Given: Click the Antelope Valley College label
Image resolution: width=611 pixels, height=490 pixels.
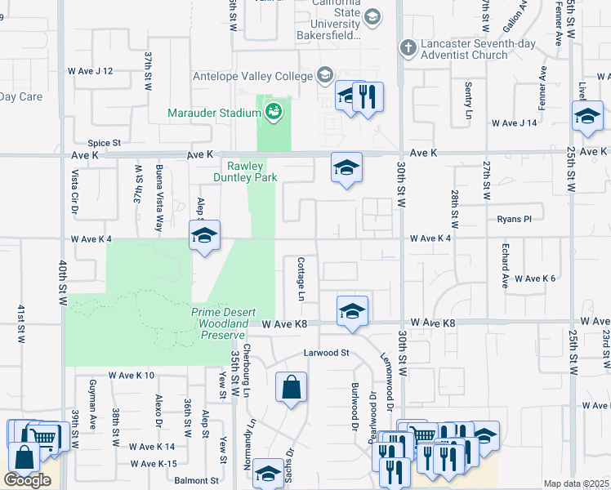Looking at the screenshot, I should (252, 77).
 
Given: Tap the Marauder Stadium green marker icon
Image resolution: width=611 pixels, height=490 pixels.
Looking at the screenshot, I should (274, 111).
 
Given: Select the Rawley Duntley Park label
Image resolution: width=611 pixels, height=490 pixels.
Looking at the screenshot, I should (245, 171).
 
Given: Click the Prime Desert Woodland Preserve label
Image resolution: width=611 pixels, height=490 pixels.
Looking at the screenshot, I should (219, 323).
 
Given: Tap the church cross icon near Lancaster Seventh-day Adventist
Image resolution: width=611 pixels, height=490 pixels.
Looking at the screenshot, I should (407, 48).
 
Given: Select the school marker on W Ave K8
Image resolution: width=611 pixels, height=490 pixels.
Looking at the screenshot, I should (352, 311).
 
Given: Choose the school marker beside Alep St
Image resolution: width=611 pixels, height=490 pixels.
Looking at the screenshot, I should (203, 238).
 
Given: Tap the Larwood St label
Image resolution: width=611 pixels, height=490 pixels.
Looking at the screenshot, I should (327, 353).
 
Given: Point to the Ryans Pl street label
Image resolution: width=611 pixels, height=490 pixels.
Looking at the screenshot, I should (515, 219).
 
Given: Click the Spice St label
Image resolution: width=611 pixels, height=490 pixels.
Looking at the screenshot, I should (105, 143).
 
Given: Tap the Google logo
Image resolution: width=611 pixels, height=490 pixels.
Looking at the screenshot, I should (27, 480).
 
